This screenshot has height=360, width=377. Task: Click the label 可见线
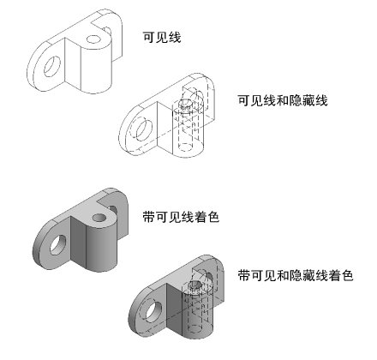pyautogui.click(x=162, y=38)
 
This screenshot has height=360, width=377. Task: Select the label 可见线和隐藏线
pyautogui.click(x=283, y=100)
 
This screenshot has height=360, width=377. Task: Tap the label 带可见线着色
pyautogui.click(x=181, y=217)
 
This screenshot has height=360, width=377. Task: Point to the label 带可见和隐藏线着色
pyautogui.click(x=296, y=276)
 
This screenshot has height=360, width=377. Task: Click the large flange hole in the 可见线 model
pyautogui.click(x=52, y=67)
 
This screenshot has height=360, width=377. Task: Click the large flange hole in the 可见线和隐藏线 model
pyautogui.click(x=144, y=130)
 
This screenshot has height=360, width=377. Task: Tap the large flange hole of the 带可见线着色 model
pyautogui.click(x=58, y=245)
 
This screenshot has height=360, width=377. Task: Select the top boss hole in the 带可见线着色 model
pyautogui.click(x=99, y=218)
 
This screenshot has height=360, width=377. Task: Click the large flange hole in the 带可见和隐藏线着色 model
pyautogui.click(x=154, y=312)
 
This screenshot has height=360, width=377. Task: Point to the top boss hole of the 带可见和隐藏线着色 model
pyautogui.click(x=195, y=285)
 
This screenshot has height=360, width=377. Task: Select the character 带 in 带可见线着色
pyautogui.click(x=149, y=217)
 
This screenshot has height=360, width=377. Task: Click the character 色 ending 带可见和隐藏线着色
pyautogui.click(x=347, y=276)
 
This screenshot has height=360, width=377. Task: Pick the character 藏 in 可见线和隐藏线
pyautogui.click(x=308, y=100)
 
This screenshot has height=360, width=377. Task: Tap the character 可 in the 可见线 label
pyautogui.click(x=149, y=38)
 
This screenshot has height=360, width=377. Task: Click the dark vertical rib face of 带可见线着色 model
pyautogui.click(x=78, y=243)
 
